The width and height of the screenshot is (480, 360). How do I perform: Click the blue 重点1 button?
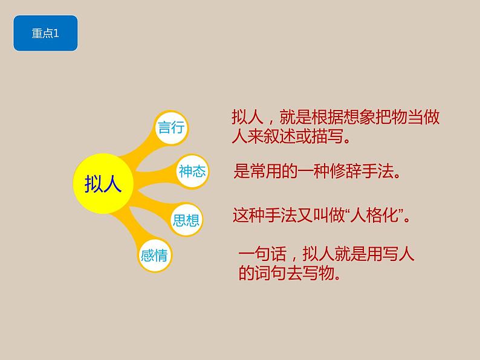[45, 34]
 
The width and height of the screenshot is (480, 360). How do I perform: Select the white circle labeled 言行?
[170, 127]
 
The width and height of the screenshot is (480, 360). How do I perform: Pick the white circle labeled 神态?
[192, 172]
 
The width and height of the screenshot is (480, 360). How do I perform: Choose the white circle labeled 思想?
[186, 219]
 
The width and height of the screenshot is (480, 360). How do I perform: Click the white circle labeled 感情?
[154, 255]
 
